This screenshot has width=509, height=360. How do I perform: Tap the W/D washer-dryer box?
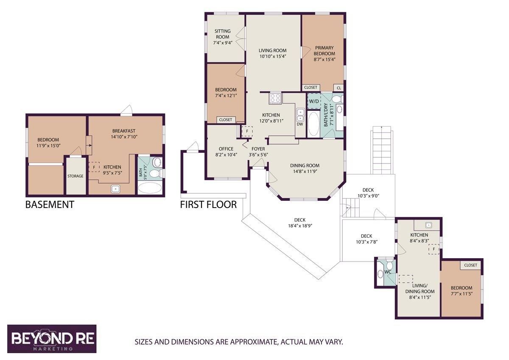coord(314,101)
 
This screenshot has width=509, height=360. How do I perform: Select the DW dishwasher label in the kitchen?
coord(300,124)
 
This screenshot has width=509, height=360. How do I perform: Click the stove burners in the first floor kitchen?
coord(275,98)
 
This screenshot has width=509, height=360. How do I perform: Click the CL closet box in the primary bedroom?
coord(338,88)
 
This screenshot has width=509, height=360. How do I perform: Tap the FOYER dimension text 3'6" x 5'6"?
coord(258,155)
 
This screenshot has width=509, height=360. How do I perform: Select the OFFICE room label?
coord(227,149)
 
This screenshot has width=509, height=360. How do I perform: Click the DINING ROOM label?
coord(305,166)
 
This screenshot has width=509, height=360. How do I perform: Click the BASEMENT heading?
coord(50,205)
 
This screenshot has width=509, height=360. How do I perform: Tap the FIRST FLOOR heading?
coord(208,205)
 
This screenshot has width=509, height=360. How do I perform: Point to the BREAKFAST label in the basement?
coord(124,131)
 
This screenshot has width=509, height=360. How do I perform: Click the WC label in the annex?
coord(387,272)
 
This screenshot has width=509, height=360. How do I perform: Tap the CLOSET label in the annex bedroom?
coord(470,265)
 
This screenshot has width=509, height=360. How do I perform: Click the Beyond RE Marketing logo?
coord(52,338)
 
